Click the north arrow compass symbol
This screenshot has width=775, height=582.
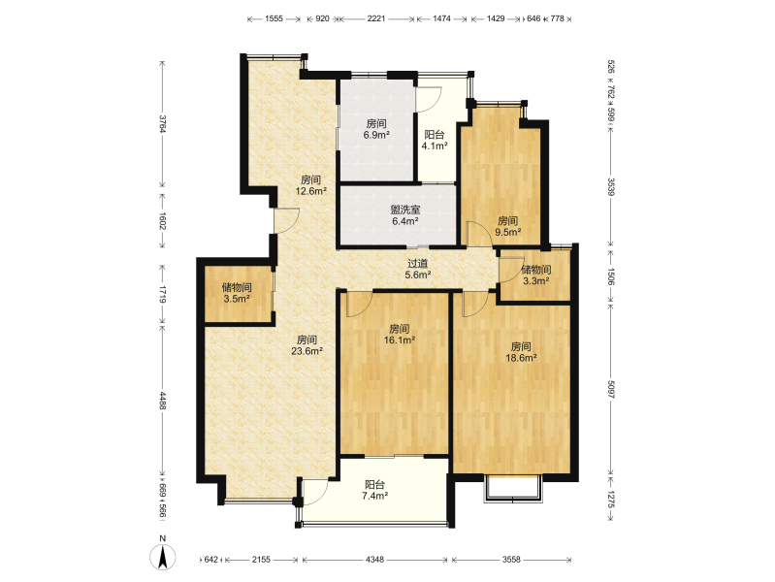coord(163,557)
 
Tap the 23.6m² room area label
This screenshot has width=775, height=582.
coord(307,345)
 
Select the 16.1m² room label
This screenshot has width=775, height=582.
coord(400,335)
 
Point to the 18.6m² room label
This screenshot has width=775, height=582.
coord(521,352)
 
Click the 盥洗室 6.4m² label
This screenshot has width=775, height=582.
coord(405,215)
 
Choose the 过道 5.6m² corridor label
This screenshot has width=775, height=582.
coord(418,270)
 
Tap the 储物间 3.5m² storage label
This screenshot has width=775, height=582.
coord(237,293)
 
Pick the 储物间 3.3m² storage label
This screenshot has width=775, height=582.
coord(536,275)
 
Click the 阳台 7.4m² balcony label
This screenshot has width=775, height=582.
coord(374,491)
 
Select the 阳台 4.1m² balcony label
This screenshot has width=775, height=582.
coord(435,140)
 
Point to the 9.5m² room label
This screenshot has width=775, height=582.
coord(508,226)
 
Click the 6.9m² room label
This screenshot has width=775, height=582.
coord(376,129)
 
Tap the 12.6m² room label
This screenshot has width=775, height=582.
coord(311,185)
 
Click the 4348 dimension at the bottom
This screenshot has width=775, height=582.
coord(374,560)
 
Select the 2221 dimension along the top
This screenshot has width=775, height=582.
coord(376,18)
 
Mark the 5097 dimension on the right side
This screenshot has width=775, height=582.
coord(611,390)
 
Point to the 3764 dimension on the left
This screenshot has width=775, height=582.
coord(163,123)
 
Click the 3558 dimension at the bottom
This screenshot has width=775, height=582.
coord(511,560)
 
